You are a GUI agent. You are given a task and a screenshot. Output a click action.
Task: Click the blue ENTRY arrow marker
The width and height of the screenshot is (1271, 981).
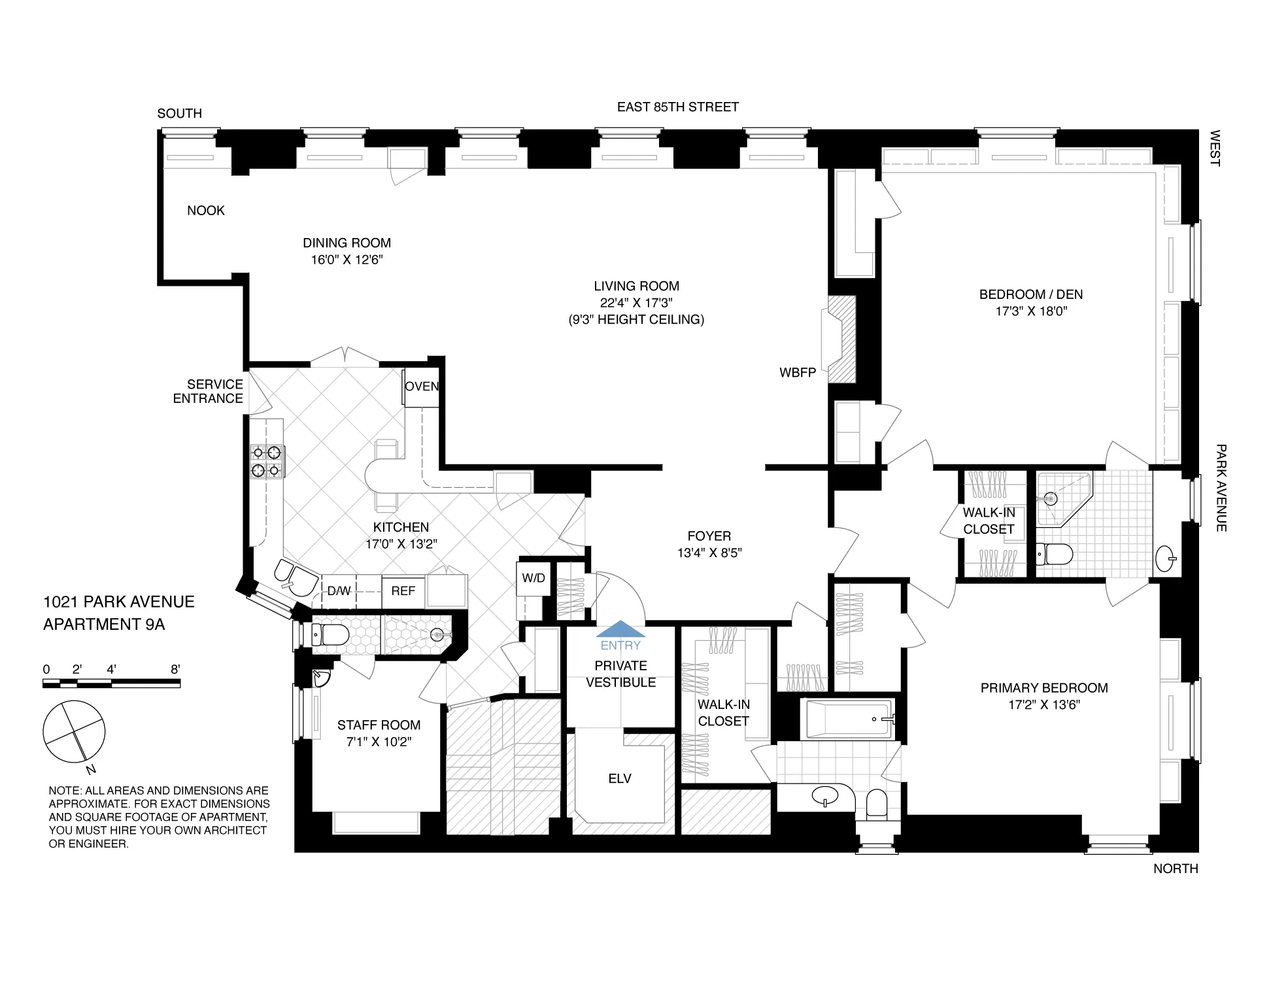pyautogui.click(x=620, y=629)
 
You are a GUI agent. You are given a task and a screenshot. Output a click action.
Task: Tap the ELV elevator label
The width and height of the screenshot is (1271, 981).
pyautogui.click(x=619, y=778)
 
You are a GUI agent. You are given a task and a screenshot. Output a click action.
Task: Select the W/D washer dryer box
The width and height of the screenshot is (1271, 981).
pyautogui.click(x=534, y=578)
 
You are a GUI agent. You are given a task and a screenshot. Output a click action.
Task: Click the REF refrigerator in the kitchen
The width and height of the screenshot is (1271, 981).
pyautogui.click(x=403, y=591)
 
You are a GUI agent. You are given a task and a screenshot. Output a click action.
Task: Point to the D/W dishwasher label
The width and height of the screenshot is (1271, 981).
pyautogui.click(x=339, y=591)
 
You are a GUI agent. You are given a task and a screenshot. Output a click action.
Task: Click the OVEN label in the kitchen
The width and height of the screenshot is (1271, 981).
pyautogui.click(x=422, y=387)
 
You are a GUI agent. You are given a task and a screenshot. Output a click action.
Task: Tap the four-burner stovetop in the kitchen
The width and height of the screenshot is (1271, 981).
pyautogui.click(x=266, y=461)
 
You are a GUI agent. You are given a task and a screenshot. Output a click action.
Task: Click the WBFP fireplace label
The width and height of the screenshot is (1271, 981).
pyautogui.click(x=797, y=373)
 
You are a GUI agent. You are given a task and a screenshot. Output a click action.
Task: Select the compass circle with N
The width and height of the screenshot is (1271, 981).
pyautogui.click(x=74, y=732)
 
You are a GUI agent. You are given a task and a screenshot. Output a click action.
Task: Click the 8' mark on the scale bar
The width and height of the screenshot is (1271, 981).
pyautogui.click(x=175, y=669)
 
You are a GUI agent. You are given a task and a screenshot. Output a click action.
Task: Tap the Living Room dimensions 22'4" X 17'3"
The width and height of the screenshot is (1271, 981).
pyautogui.click(x=635, y=303)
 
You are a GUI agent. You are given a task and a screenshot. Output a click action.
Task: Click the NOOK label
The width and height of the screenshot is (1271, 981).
pyautogui.click(x=205, y=211)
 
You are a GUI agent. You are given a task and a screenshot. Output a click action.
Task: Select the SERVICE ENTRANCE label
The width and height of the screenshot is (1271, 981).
pyautogui.click(x=208, y=391)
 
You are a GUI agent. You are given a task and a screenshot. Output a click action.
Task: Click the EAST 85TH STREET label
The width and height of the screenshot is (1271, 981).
pyautogui.click(x=677, y=107)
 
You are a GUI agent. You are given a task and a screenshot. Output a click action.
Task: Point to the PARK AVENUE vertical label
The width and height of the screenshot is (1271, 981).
pyautogui.click(x=1220, y=487)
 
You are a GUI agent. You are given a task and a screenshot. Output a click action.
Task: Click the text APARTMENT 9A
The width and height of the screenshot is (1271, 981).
pyautogui.click(x=104, y=625)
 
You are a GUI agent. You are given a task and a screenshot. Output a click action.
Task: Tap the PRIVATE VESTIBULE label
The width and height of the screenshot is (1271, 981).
pyautogui.click(x=620, y=674)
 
